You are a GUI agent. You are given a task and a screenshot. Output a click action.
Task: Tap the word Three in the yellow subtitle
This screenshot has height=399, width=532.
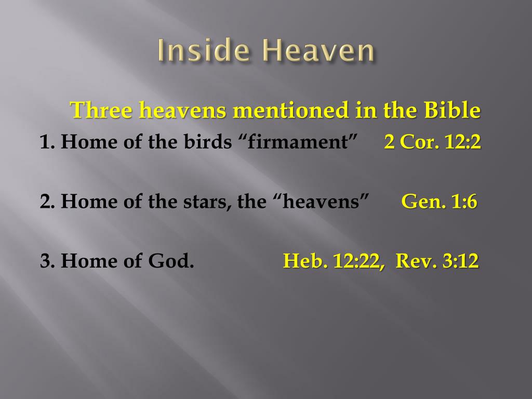(99, 110)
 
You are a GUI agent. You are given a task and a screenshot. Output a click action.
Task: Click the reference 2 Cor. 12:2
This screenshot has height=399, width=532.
(432, 142)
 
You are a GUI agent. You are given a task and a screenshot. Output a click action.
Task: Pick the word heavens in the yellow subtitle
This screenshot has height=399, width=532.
(184, 110)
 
